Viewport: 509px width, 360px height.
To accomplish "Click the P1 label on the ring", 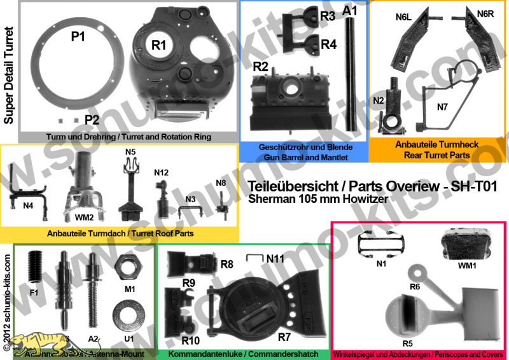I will point(78,37).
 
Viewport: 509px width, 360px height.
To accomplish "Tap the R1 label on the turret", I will point(158,45).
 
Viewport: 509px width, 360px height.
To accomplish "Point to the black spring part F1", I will point(36,267).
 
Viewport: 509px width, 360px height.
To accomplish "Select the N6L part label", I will point(405,19).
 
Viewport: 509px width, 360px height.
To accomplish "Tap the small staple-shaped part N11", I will point(256,257).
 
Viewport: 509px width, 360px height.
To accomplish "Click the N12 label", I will point(160,173).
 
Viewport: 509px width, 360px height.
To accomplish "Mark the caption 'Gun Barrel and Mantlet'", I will point(304,155).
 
